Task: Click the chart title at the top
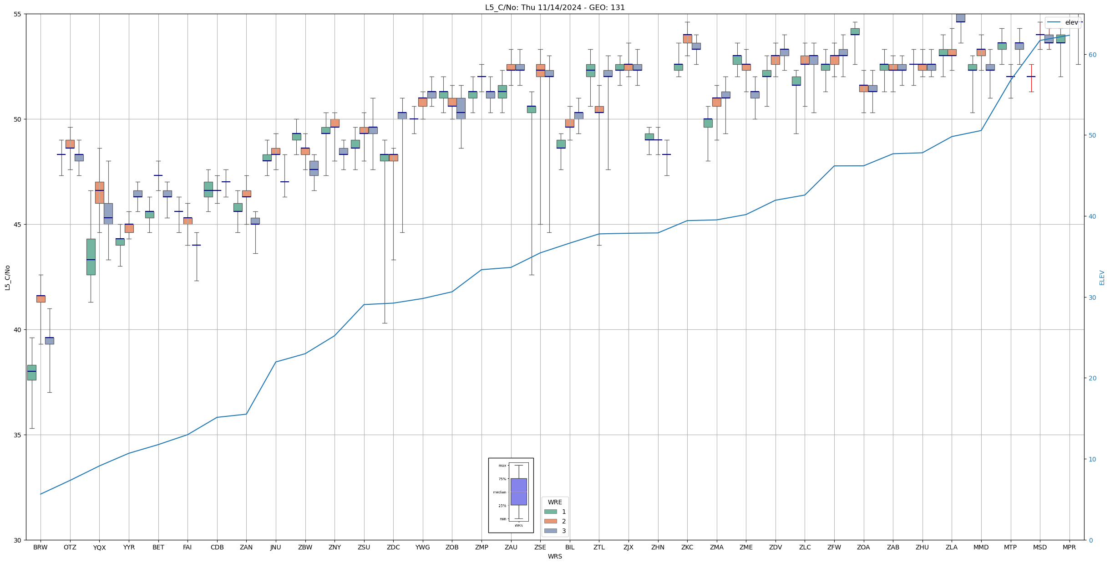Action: click(x=555, y=7)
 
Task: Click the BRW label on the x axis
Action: click(x=41, y=548)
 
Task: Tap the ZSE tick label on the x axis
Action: click(x=540, y=548)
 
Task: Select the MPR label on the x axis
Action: click(x=1069, y=548)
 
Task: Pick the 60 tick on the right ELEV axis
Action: click(x=1092, y=55)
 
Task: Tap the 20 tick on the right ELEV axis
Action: click(x=1092, y=378)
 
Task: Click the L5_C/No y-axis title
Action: click(x=7, y=277)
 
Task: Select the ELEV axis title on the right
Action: click(x=1102, y=277)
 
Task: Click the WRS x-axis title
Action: click(x=555, y=557)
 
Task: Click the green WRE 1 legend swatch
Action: click(x=550, y=512)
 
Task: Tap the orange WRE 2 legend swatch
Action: click(x=550, y=521)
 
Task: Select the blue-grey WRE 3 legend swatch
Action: click(x=550, y=531)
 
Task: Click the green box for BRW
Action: click(x=32, y=373)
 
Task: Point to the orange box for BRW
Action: click(x=41, y=299)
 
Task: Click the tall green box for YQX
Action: click(x=91, y=256)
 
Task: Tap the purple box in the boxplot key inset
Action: click(x=518, y=492)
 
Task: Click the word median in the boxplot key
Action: click(x=499, y=492)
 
